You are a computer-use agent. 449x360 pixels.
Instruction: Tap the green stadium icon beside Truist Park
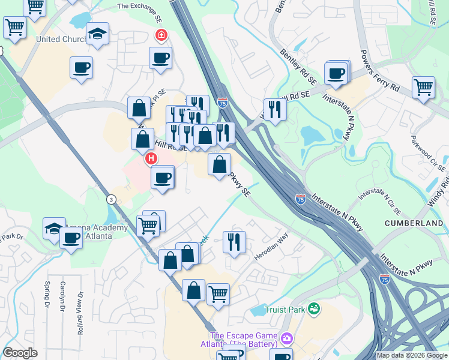pyautogui.click(x=313, y=309)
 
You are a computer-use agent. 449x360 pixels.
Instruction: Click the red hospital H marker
pyautogui.click(x=151, y=159)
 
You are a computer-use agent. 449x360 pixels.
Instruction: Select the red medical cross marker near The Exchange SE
pyautogui.click(x=161, y=35)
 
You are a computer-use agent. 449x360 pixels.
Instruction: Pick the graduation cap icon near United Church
pyautogui.click(x=97, y=34)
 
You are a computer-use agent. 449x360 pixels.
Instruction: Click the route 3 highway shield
pyautogui.click(x=110, y=200)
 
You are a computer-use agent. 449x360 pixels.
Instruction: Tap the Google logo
pyautogui.click(x=20, y=353)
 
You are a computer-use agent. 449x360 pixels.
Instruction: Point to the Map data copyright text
pyautogui.click(x=412, y=355)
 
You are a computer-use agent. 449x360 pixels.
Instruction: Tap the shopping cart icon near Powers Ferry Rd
pyautogui.click(x=423, y=87)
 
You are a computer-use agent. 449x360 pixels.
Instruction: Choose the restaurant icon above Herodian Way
pyautogui.click(x=234, y=241)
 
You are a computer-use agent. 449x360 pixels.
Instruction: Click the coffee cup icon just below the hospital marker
pyautogui.click(x=162, y=178)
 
